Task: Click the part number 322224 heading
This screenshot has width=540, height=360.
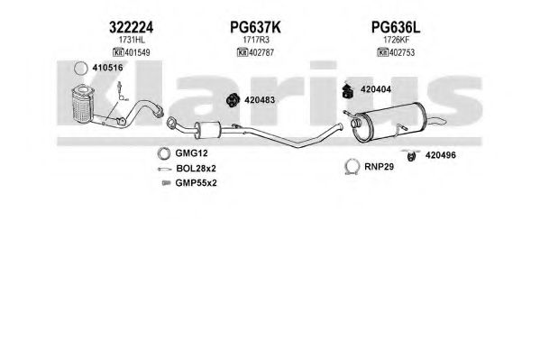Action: [131, 27]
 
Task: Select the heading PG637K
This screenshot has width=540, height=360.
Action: [255, 27]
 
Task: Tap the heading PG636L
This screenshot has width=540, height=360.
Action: [396, 27]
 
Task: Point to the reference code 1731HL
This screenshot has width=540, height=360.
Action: [132, 40]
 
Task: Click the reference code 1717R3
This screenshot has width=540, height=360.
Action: [256, 40]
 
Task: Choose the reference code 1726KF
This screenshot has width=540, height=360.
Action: [397, 40]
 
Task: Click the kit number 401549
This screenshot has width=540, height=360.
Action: [137, 52]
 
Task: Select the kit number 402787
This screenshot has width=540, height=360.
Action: [261, 52]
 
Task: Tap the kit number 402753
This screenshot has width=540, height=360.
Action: [402, 52]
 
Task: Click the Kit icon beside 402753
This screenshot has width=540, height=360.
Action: [383, 52]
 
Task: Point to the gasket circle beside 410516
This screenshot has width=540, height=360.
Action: [81, 69]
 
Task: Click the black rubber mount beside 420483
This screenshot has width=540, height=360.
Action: [233, 100]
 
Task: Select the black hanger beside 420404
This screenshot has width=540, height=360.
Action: [348, 90]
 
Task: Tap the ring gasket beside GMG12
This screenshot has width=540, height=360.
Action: [163, 153]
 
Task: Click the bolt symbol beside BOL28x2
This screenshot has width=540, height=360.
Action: [165, 169]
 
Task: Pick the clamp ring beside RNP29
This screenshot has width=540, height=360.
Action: [352, 167]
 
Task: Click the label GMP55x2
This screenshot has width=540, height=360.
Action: [196, 183]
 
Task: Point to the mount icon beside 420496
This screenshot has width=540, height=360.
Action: [411, 155]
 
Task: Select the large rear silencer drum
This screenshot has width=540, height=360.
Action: [389, 122]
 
